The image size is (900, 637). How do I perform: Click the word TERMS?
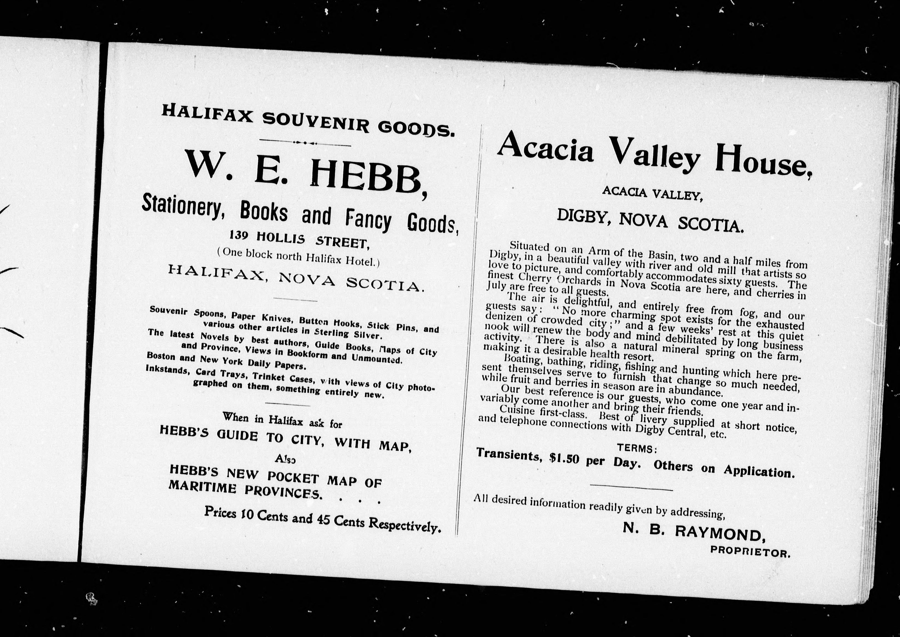point(635,448)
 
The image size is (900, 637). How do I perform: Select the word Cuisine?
point(517,411)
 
